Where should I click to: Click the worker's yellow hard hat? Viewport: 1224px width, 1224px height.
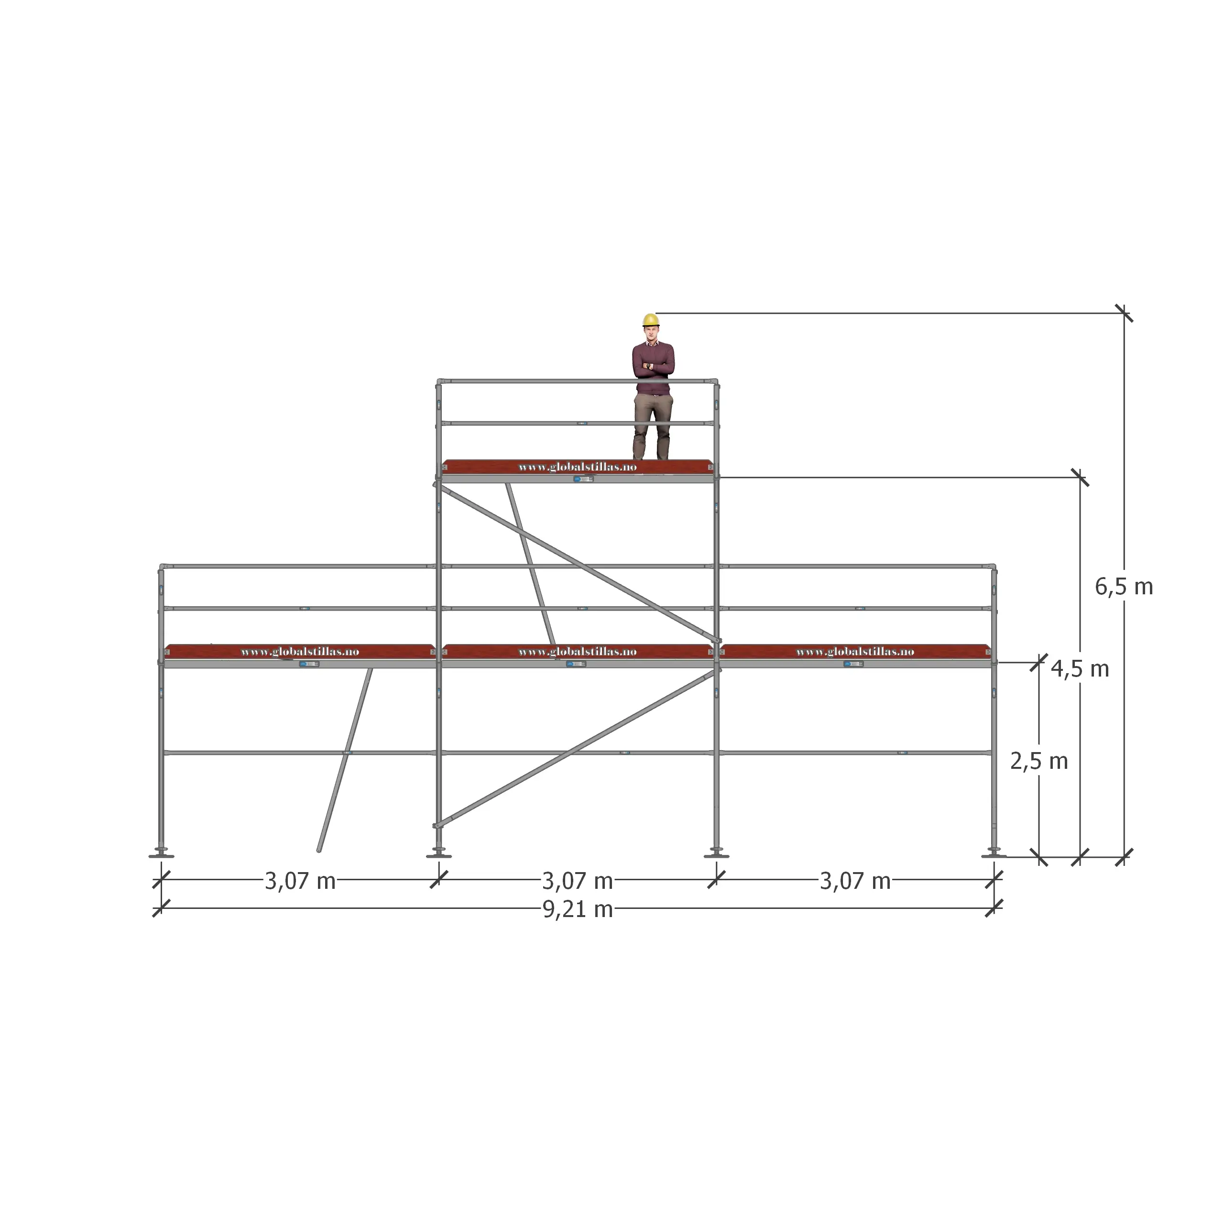click(651, 320)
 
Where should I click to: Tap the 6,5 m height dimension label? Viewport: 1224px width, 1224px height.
click(1124, 587)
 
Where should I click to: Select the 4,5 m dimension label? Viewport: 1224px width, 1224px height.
click(1080, 668)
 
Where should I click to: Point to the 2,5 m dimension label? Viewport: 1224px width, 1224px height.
click(1039, 761)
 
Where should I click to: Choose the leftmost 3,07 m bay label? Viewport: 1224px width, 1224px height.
click(300, 881)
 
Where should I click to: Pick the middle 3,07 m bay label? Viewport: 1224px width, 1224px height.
click(577, 881)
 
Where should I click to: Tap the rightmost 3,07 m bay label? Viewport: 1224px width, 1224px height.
click(855, 881)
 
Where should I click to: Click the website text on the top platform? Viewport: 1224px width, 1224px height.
click(577, 467)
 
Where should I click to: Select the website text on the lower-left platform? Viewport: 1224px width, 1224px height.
click(300, 651)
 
